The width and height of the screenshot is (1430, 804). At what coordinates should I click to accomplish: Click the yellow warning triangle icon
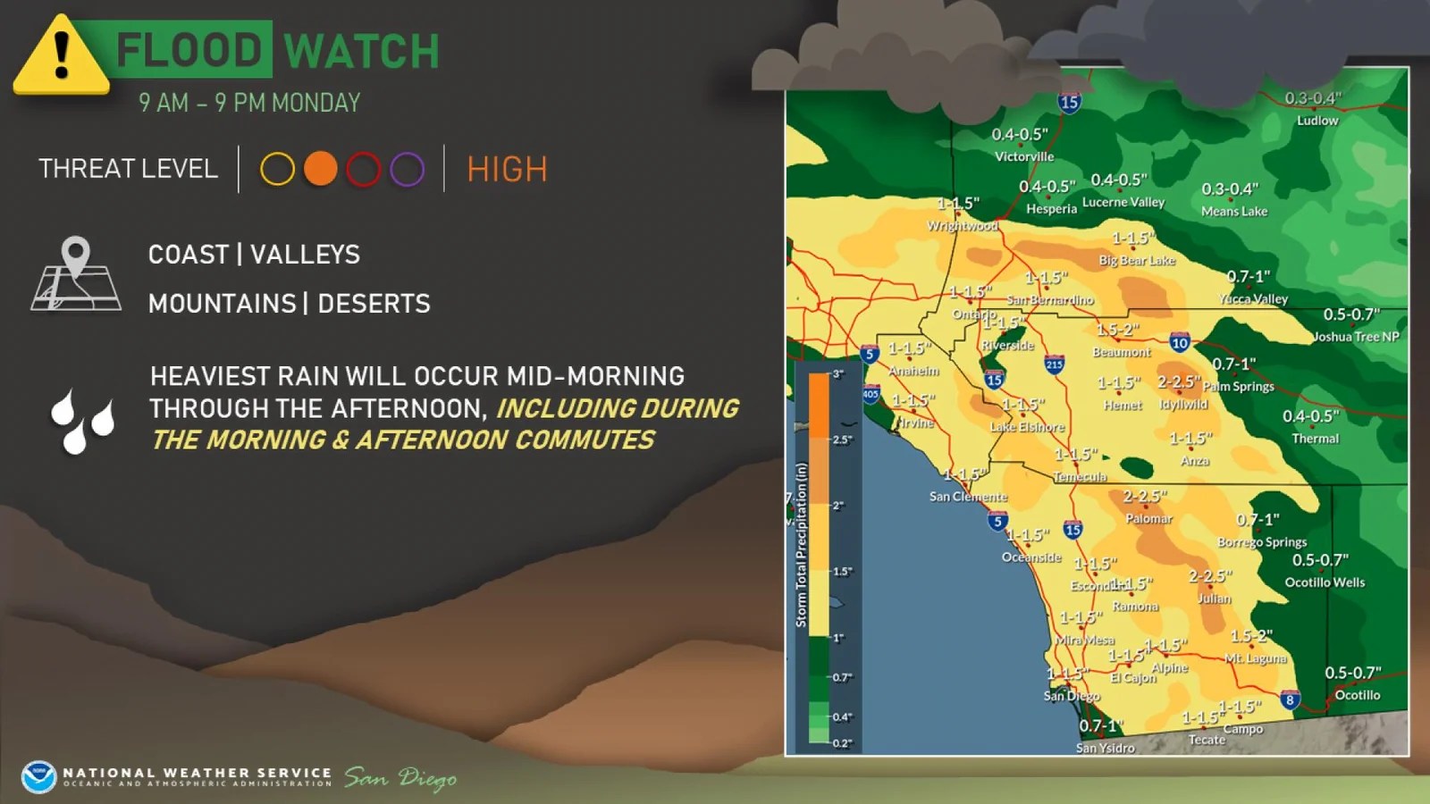pyautogui.click(x=61, y=55)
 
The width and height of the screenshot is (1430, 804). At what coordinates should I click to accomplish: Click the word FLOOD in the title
pyautogui.click(x=189, y=50)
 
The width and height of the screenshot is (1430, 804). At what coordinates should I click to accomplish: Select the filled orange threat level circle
pyautogui.click(x=320, y=169)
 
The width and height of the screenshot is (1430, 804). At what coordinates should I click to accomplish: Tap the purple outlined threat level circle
pyautogui.click(x=407, y=169)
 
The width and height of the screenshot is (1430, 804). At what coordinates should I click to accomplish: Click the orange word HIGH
pyautogui.click(x=507, y=169)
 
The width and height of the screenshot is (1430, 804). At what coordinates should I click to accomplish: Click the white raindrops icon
pyautogui.click(x=83, y=420)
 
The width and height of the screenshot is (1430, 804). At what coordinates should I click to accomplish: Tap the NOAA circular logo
pyautogui.click(x=38, y=777)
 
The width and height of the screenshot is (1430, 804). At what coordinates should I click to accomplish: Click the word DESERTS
pyautogui.click(x=374, y=304)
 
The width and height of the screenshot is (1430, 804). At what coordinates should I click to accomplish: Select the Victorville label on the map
pyautogui.click(x=1024, y=156)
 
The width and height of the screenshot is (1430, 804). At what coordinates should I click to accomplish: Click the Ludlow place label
pyautogui.click(x=1317, y=121)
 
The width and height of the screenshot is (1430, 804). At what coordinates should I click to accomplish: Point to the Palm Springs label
pyautogui.click(x=1239, y=386)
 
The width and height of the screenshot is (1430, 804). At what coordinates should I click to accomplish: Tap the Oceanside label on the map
pyautogui.click(x=1031, y=557)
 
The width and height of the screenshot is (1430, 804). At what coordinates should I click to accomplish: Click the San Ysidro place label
pyautogui.click(x=1105, y=748)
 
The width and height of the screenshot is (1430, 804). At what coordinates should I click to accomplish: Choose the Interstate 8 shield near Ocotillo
pyautogui.click(x=1289, y=699)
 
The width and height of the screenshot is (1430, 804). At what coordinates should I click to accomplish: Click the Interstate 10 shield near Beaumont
pyautogui.click(x=1180, y=342)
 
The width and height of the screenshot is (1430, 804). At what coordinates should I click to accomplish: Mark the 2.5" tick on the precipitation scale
pyautogui.click(x=842, y=440)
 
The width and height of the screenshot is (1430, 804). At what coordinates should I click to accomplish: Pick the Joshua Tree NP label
pyautogui.click(x=1356, y=337)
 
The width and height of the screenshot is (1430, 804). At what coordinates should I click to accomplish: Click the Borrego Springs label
pyautogui.click(x=1262, y=541)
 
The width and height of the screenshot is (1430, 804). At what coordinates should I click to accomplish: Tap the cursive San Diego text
pyautogui.click(x=400, y=778)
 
